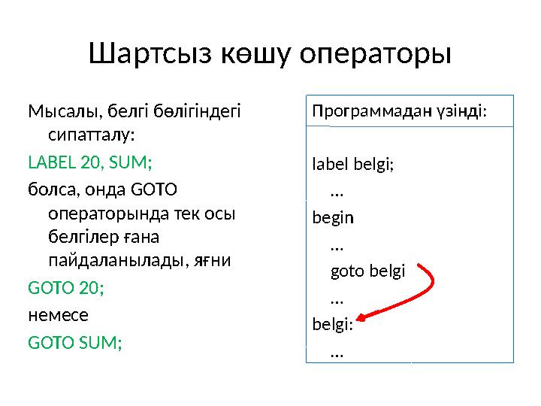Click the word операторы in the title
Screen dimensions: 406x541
point(375,54)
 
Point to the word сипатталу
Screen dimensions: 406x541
point(91,137)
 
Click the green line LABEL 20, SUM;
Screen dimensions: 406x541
point(89,162)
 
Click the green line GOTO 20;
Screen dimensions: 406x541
point(66,287)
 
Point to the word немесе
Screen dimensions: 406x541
point(58,314)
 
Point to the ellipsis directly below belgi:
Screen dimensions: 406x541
point(337,350)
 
